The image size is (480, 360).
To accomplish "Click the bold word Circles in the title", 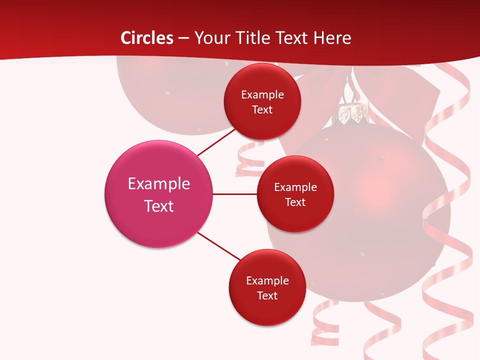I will pyautogui.click(x=147, y=38).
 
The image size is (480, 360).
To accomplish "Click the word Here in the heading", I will pyautogui.click(x=332, y=38).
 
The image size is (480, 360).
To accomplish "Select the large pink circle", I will pyautogui.click(x=158, y=194).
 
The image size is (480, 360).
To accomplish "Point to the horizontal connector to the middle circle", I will pyautogui.click(x=234, y=194).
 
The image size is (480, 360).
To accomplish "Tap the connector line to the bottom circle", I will pyautogui.click(x=219, y=246).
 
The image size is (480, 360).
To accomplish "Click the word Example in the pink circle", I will pyautogui.click(x=158, y=183).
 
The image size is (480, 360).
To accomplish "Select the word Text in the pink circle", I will pyautogui.click(x=158, y=206).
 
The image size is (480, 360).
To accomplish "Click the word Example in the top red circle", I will pyautogui.click(x=262, y=94).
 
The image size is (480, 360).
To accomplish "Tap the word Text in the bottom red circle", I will pyautogui.click(x=267, y=295).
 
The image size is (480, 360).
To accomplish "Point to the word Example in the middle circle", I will pyautogui.click(x=295, y=187).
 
